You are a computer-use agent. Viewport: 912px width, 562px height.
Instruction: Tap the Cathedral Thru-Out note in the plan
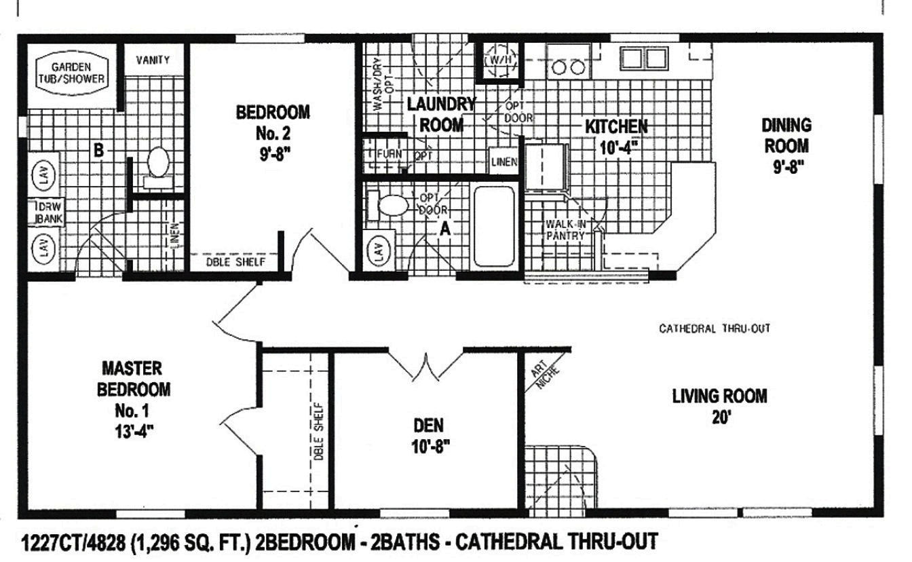715,329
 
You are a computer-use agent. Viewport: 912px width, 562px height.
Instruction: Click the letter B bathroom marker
98,151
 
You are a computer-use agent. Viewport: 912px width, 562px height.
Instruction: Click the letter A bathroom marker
445,229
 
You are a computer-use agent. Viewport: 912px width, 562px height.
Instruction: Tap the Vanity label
153,60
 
